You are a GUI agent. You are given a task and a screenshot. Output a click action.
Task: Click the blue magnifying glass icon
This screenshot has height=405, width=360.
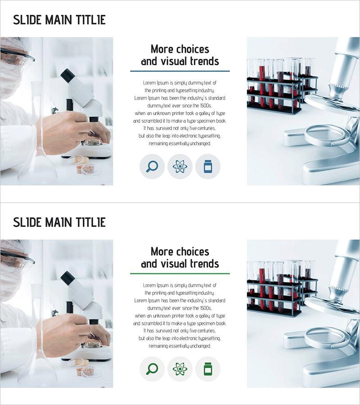[x=152, y=166]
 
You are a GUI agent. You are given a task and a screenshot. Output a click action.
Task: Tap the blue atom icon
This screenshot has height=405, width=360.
[x=180, y=166]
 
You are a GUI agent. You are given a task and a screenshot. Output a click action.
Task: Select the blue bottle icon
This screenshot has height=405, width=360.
[x=208, y=166]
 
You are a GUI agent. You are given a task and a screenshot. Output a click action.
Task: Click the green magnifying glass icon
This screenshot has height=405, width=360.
[x=152, y=369]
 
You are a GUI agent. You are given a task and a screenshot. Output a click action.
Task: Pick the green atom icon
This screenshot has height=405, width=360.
[x=180, y=369]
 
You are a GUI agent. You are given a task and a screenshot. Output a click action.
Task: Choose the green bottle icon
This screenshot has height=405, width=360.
[x=208, y=369]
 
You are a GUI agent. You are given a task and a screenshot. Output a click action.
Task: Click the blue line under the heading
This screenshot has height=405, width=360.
[x=180, y=71]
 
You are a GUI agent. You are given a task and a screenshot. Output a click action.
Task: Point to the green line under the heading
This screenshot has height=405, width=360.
[x=180, y=274]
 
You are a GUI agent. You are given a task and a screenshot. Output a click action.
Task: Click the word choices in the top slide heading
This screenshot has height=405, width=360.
[x=193, y=49]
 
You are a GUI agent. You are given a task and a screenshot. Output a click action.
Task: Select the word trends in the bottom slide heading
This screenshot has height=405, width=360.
[x=205, y=264]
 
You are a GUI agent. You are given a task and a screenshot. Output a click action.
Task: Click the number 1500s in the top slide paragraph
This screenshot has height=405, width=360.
[x=206, y=106]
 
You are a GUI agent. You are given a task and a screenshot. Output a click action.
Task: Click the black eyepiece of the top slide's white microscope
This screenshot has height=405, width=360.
[x=68, y=75]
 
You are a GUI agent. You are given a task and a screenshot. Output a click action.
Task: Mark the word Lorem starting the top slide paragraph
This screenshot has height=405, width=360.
[x=149, y=83]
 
